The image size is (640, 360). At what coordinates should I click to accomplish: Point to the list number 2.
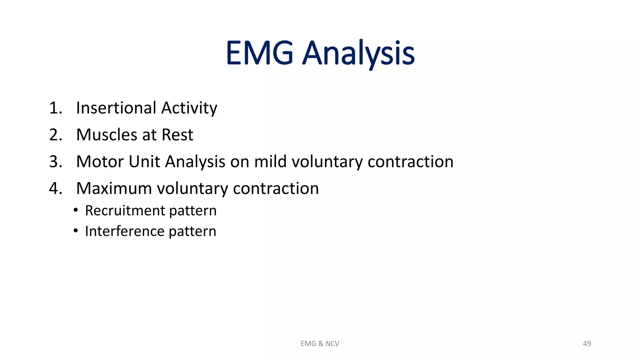[56, 135]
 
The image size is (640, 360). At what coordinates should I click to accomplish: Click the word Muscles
[107, 135]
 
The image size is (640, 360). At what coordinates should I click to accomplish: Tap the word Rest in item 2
[177, 135]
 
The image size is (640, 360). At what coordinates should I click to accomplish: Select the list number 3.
[56, 162]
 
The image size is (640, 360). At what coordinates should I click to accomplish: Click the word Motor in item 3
[100, 162]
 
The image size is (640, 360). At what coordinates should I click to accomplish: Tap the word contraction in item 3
[410, 162]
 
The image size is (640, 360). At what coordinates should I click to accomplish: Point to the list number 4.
[56, 189]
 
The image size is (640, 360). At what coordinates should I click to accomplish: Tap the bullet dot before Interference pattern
[76, 231]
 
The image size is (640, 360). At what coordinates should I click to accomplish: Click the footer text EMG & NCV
[320, 344]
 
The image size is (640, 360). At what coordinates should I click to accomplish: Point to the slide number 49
[587, 344]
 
